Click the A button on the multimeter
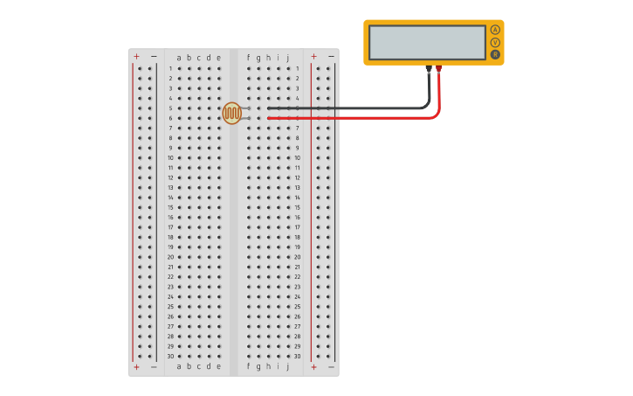pyautogui.click(x=495, y=30)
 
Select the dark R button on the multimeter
pyautogui.click(x=495, y=54)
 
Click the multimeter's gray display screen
pyautogui.click(x=427, y=42)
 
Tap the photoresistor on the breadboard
pyautogui.click(x=231, y=113)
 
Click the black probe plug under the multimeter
pyautogui.click(x=428, y=68)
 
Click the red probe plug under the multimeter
pyautogui.click(x=438, y=68)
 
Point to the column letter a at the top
pyautogui.click(x=179, y=58)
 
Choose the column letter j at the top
pyautogui.click(x=288, y=58)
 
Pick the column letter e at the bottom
pyautogui.click(x=218, y=366)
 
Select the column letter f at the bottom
pyautogui.click(x=249, y=366)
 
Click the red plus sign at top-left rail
pyautogui.click(x=136, y=56)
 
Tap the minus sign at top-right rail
pyautogui.click(x=331, y=56)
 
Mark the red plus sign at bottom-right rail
pyautogui.click(x=313, y=367)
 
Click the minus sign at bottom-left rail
pyautogui.click(x=154, y=367)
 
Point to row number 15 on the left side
pyautogui.click(x=170, y=207)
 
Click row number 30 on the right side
pyautogui.click(x=297, y=356)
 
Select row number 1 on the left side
pyautogui.click(x=170, y=68)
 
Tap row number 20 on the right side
pyautogui.click(x=297, y=257)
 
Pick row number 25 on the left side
pyautogui.click(x=170, y=306)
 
